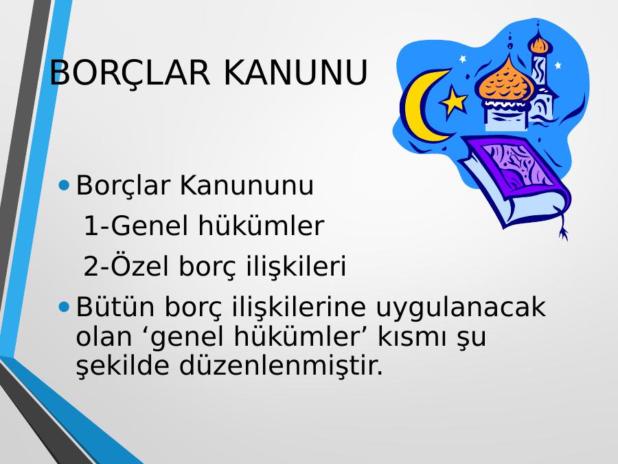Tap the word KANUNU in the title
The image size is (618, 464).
point(295,73)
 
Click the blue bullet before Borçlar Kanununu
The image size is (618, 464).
point(63,185)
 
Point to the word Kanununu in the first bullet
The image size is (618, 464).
point(247,185)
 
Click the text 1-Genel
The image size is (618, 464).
point(137,225)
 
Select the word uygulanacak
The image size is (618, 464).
point(461,308)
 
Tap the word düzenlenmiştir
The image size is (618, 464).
point(281,366)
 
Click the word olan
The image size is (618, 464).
point(104,337)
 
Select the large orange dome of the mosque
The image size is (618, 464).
point(505,81)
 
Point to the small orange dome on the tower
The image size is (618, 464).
point(539,44)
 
